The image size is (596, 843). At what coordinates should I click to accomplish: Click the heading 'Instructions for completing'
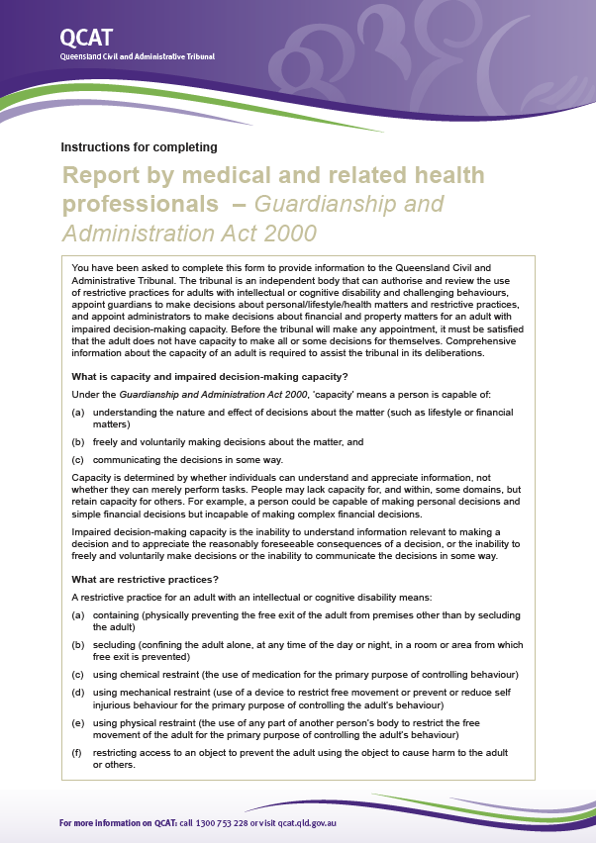click(x=139, y=147)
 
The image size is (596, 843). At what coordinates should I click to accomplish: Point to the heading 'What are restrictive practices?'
click(x=145, y=579)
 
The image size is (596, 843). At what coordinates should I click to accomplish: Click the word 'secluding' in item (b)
click(x=115, y=644)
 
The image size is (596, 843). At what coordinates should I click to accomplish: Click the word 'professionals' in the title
click(x=140, y=205)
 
